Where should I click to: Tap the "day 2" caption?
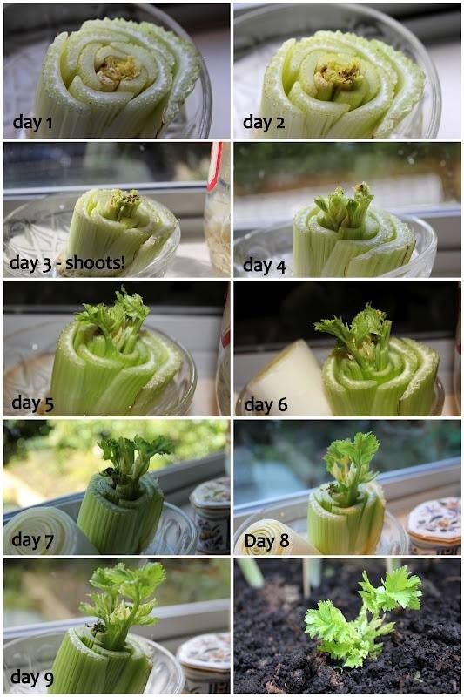coord(263,122)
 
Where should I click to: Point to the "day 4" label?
coord(264,265)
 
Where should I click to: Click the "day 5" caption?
coord(32,403)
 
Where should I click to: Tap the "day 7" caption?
coord(32,541)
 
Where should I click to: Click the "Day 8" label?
coord(266,540)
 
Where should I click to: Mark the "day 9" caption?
coord(33,677)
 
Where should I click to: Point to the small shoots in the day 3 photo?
coord(122,204)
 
